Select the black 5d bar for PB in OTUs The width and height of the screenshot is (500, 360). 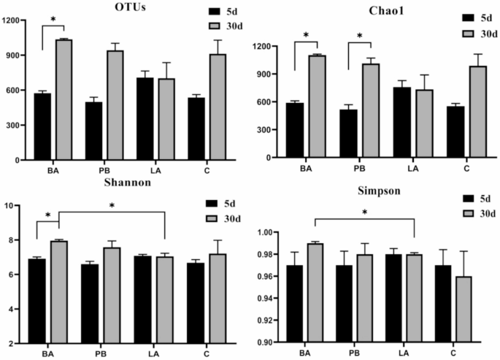93,131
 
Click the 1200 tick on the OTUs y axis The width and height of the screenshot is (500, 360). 12,20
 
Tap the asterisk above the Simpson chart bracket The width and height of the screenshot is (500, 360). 364,212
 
